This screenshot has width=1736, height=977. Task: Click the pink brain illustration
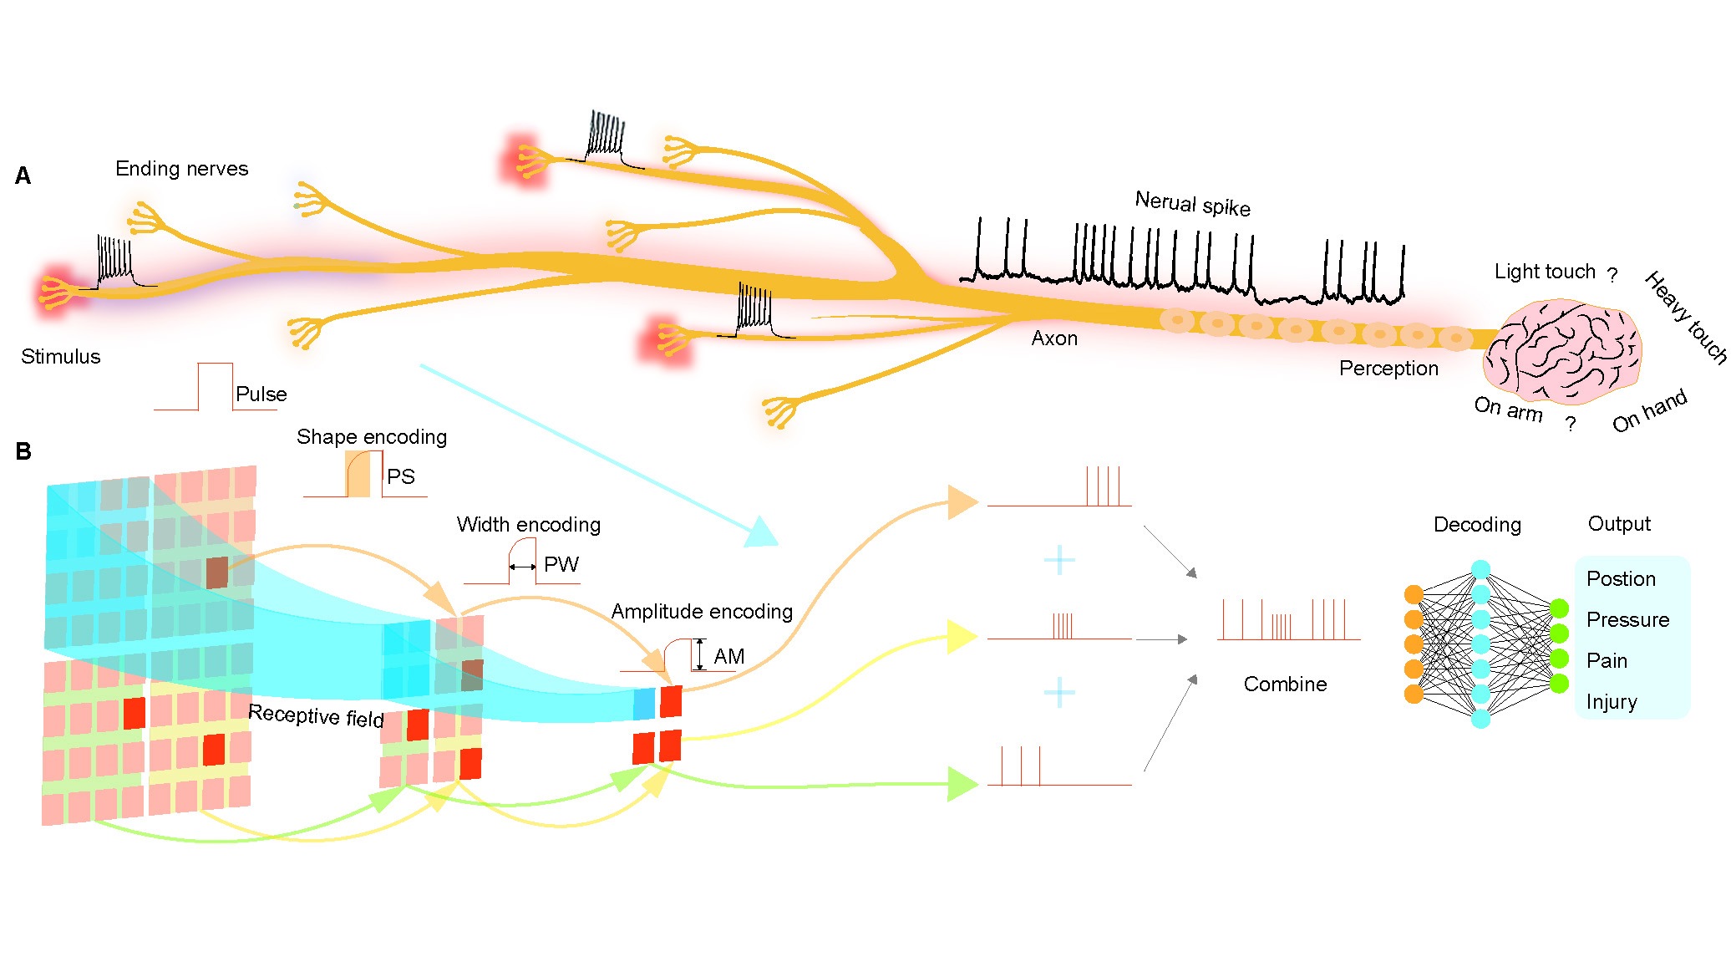[x=1561, y=351]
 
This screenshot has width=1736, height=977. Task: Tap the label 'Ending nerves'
[x=181, y=169]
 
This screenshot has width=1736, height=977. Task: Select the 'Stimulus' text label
[x=60, y=357]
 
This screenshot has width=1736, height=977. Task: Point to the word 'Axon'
[x=1054, y=338]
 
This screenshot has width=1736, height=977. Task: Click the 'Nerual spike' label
[x=1192, y=204]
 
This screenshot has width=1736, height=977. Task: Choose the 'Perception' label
[x=1388, y=369]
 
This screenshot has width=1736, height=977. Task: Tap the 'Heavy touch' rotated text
[x=1686, y=318]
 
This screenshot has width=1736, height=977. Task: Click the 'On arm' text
[x=1507, y=409]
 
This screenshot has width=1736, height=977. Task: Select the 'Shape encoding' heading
[x=372, y=437]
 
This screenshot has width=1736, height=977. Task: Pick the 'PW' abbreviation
[x=561, y=565]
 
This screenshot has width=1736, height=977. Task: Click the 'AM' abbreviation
[x=728, y=657]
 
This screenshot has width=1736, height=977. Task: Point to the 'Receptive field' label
[x=316, y=716]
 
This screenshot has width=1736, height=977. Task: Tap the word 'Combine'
[x=1285, y=684]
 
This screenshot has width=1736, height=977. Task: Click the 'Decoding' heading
[x=1477, y=525]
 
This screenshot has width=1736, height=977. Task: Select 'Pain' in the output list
[x=1607, y=661]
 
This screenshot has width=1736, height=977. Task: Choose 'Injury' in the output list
[x=1612, y=702]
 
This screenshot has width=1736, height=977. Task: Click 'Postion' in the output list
[x=1621, y=579]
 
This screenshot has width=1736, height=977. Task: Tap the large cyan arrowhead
[x=759, y=532]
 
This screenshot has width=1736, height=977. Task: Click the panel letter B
[x=23, y=452]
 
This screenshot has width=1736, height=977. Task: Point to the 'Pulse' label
[x=261, y=394]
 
